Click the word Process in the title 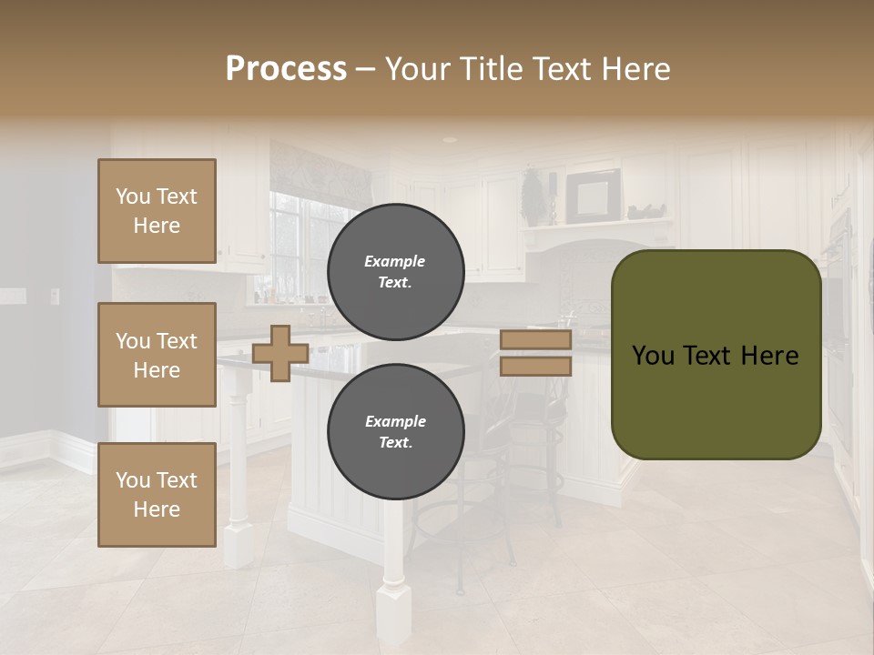point(286,69)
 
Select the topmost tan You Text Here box point(157,211)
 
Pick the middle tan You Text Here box point(157,355)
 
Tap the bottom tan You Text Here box point(157,494)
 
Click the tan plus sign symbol point(280,353)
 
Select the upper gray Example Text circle point(395,271)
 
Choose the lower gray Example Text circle point(395,431)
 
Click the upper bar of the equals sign point(535,340)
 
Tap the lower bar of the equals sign point(535,367)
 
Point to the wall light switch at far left point(55,296)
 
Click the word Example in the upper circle point(395,261)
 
